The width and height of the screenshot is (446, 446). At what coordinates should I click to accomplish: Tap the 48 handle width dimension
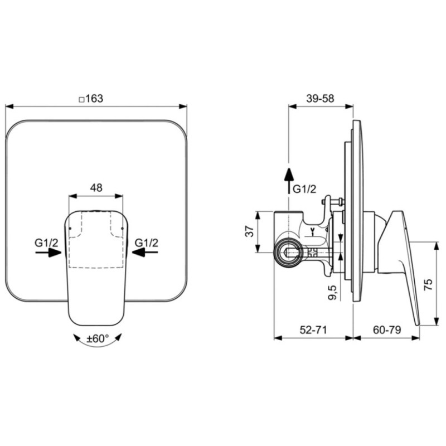[96, 188]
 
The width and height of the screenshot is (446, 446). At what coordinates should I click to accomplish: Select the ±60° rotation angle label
[98, 338]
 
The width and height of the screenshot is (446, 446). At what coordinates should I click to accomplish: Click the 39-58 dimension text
[320, 99]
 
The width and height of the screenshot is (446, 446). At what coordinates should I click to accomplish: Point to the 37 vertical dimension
[250, 231]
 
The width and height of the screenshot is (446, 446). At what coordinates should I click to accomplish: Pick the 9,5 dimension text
[332, 292]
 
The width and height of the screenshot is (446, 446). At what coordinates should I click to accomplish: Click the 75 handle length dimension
[428, 284]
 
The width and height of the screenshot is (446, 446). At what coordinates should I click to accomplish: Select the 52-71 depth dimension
[313, 330]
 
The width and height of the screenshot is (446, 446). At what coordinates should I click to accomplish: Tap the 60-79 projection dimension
[387, 330]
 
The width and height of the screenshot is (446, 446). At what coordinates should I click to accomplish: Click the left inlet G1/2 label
[46, 243]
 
